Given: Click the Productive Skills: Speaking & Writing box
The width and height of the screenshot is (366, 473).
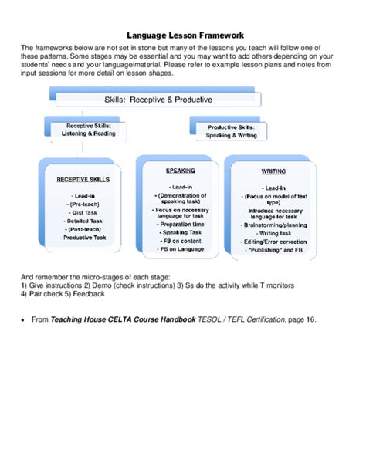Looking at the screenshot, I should [x=233, y=130].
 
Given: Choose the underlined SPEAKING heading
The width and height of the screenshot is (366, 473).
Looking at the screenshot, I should [x=180, y=171].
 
